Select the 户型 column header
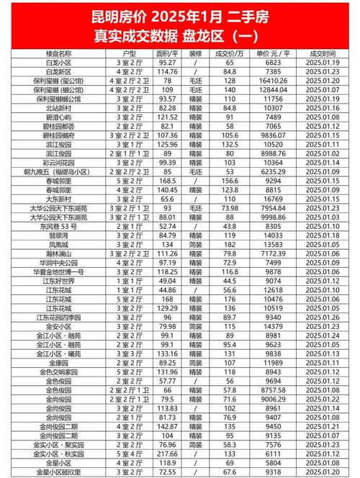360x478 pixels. pos(130,53)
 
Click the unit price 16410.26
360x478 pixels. pos(276,81)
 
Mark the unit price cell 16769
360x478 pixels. pos(276,197)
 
